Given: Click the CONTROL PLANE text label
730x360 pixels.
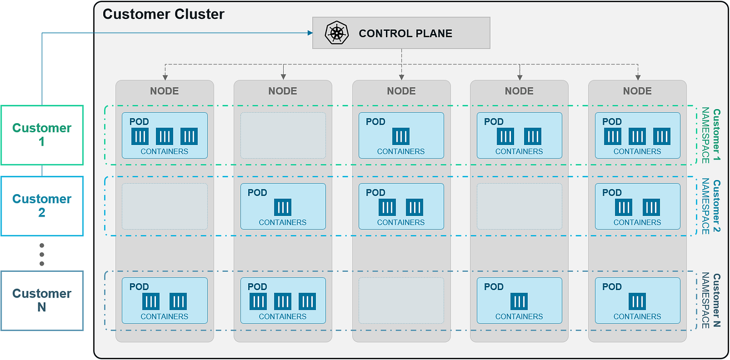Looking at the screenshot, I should tap(405, 34).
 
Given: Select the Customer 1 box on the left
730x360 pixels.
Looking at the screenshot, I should tap(42, 135).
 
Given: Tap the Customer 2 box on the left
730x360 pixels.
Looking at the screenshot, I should tap(42, 206).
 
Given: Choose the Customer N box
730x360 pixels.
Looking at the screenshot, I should tap(42, 300).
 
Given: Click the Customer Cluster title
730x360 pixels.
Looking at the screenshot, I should tap(163, 14).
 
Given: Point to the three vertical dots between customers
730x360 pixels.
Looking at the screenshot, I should tap(42, 254).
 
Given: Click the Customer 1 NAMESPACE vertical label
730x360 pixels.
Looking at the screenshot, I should tap(711, 136).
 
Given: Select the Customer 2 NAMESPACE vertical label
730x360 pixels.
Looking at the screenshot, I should tap(711, 207).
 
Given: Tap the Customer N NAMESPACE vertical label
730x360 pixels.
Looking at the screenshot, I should tap(711, 301).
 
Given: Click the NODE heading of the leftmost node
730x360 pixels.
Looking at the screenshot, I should tap(164, 91).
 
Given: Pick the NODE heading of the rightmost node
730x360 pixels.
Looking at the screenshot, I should tap(637, 91).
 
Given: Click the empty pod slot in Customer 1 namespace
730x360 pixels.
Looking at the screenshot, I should tap(283, 136).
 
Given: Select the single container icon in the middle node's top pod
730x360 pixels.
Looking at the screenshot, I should tap(400, 137).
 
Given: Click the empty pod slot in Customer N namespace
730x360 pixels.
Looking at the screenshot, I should tap(400, 301).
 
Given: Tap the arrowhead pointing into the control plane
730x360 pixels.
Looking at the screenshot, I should tap(309, 33).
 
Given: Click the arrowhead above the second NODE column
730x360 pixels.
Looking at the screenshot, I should tap(283, 75).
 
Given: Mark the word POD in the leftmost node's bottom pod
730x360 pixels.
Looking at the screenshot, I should tap(139, 287).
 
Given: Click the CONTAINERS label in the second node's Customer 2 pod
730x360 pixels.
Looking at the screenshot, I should tap(283, 222).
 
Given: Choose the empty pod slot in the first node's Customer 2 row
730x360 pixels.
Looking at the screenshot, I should tap(164, 206).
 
